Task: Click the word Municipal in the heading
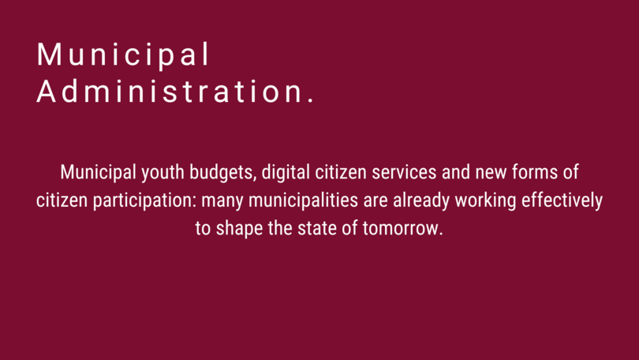click(123, 54)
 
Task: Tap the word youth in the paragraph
click(163, 173)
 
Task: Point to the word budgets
click(223, 173)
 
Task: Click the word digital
click(286, 172)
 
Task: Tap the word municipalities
click(303, 201)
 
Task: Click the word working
click(485, 201)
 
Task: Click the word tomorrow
click(401, 228)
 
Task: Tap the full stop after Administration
click(312, 100)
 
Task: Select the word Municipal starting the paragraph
click(98, 173)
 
